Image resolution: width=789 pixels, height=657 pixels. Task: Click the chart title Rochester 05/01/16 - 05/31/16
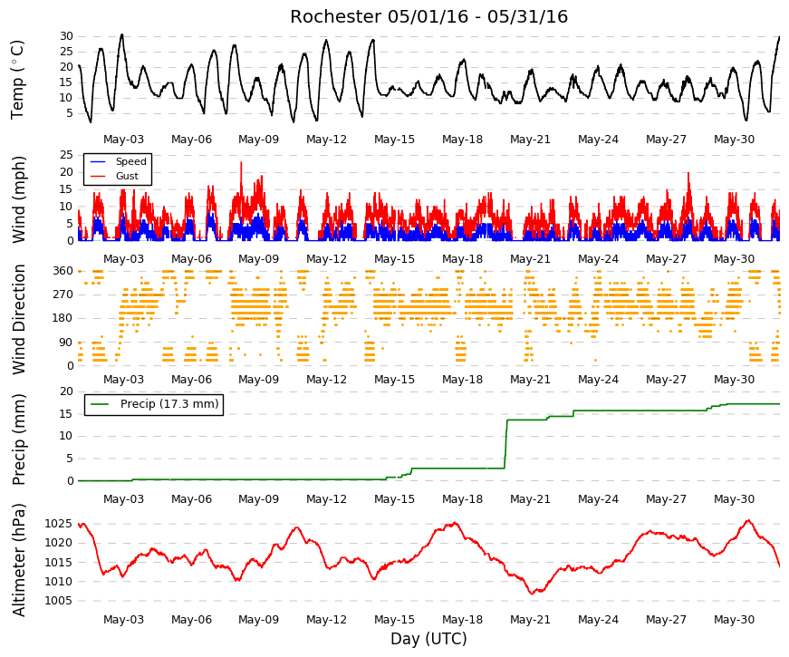coord(428,16)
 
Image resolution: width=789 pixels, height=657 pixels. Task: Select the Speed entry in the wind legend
coord(130,161)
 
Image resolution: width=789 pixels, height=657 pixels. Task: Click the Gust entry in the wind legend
coord(127,176)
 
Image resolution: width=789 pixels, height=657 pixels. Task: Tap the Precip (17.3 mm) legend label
coord(169,404)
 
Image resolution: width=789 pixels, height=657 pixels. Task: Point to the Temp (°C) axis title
coord(17,80)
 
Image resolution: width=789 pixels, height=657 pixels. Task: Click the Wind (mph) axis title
coord(18,199)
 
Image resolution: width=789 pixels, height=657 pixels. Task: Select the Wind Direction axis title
coord(18,319)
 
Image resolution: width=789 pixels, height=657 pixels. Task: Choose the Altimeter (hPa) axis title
coord(18,559)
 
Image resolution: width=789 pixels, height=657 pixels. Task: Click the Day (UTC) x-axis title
coord(428,639)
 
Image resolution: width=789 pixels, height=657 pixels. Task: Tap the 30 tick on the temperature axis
coord(66,36)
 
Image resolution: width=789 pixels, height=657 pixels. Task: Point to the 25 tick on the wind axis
coord(66,155)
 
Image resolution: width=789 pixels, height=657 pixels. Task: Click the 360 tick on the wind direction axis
coord(63,271)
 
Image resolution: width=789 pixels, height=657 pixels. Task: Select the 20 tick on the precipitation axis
coord(66,391)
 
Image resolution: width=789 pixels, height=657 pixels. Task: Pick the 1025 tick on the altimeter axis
coord(59,524)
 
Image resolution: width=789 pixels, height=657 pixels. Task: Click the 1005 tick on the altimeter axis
coord(59,601)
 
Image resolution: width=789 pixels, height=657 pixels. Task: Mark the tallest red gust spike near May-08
coord(241,162)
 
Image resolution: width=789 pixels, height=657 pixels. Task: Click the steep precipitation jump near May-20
coord(505,444)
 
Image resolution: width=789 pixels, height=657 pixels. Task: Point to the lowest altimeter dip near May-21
coord(532,594)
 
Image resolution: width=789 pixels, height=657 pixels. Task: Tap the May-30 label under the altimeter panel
coord(734,620)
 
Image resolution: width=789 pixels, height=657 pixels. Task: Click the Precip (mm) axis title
coord(18,440)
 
